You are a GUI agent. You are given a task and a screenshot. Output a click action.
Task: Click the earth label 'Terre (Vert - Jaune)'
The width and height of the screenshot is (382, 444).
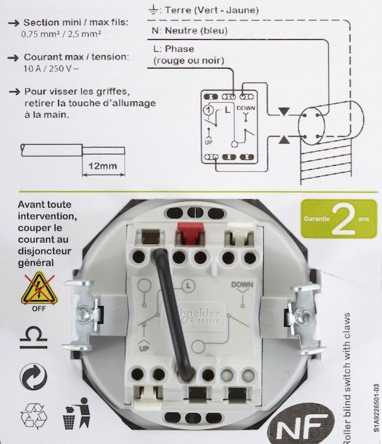point(208,10)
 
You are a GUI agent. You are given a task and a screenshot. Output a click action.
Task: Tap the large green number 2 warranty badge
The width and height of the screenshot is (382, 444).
point(342,220)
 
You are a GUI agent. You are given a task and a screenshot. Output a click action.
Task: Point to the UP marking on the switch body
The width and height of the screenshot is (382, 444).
point(144,348)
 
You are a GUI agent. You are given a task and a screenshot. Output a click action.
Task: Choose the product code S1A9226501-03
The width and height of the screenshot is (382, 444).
point(375,413)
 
